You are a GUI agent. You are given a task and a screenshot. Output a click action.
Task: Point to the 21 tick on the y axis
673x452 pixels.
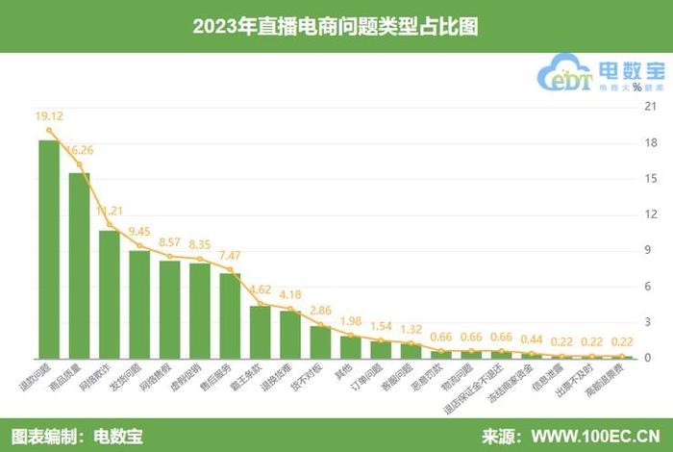pyautogui.click(x=650, y=107)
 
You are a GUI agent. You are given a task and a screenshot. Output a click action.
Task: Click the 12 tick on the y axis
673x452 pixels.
pyautogui.click(x=650, y=214)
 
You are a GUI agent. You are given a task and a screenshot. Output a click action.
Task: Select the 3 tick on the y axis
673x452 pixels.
pyautogui.click(x=650, y=322)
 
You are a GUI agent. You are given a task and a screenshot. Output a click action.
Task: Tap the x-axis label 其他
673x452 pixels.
pyautogui.click(x=350, y=370)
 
